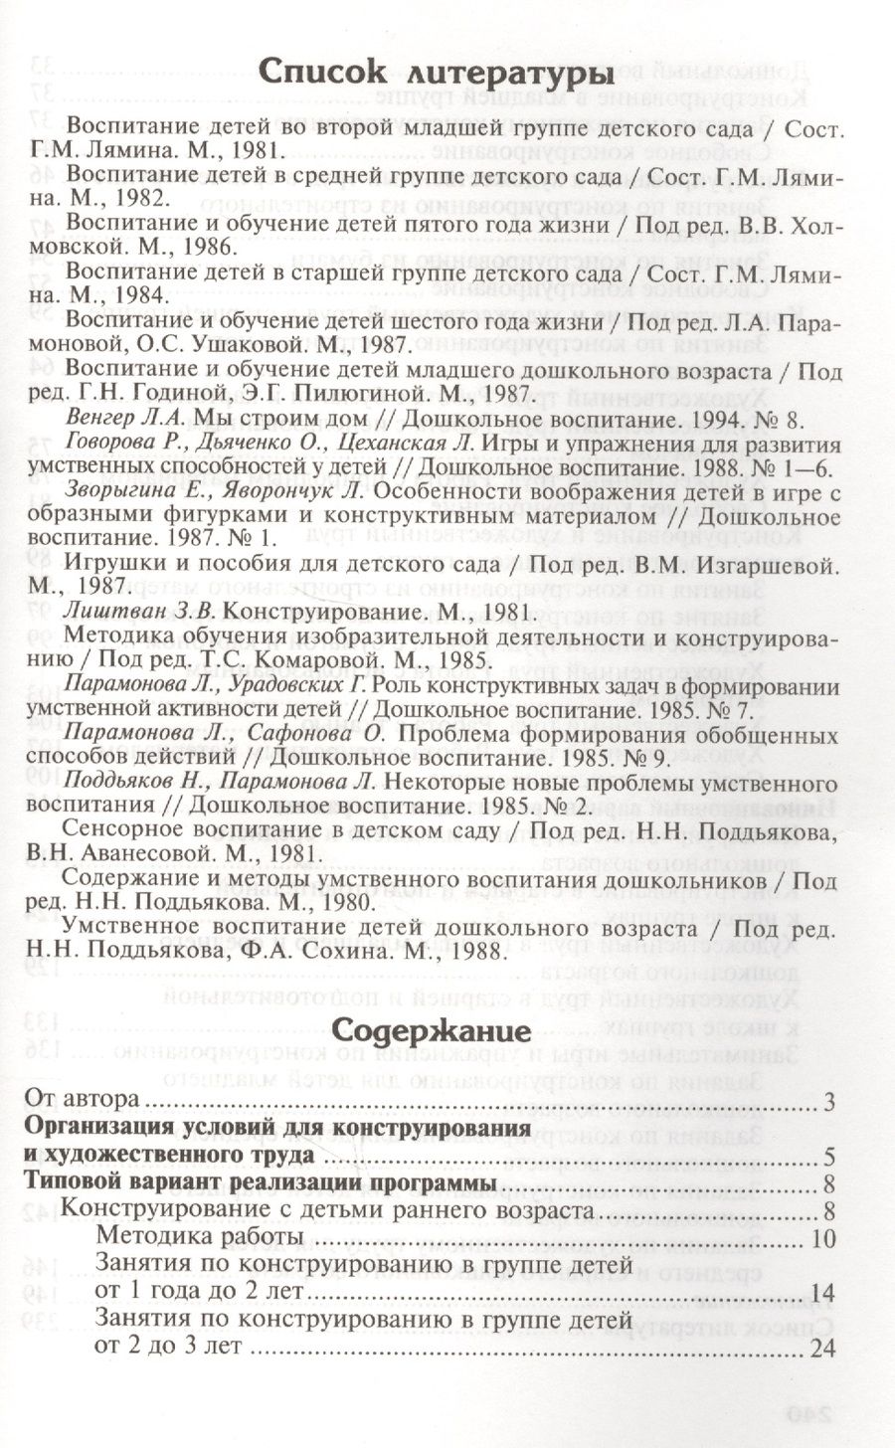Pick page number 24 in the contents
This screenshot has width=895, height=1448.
pos(824,1349)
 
